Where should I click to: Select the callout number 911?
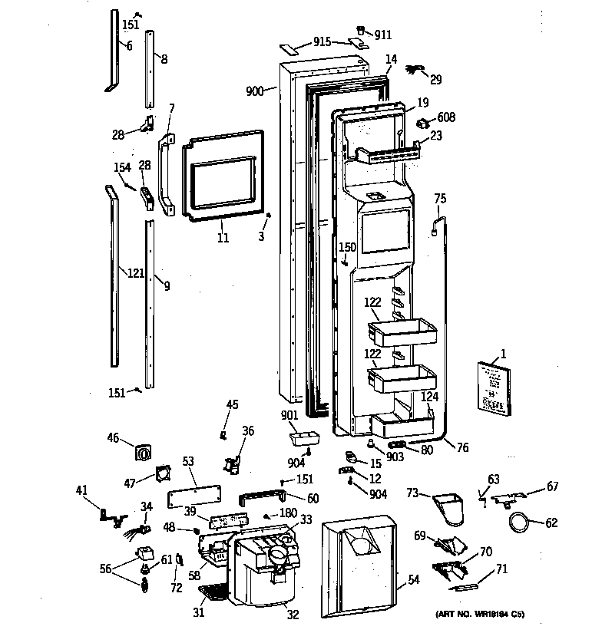tap(383, 35)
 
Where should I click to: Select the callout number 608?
tap(446, 117)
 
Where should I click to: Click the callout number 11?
tap(222, 238)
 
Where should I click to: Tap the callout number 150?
tap(348, 247)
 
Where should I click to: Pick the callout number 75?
tap(440, 199)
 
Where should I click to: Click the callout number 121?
tap(135, 273)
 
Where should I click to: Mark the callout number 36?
tap(247, 431)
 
